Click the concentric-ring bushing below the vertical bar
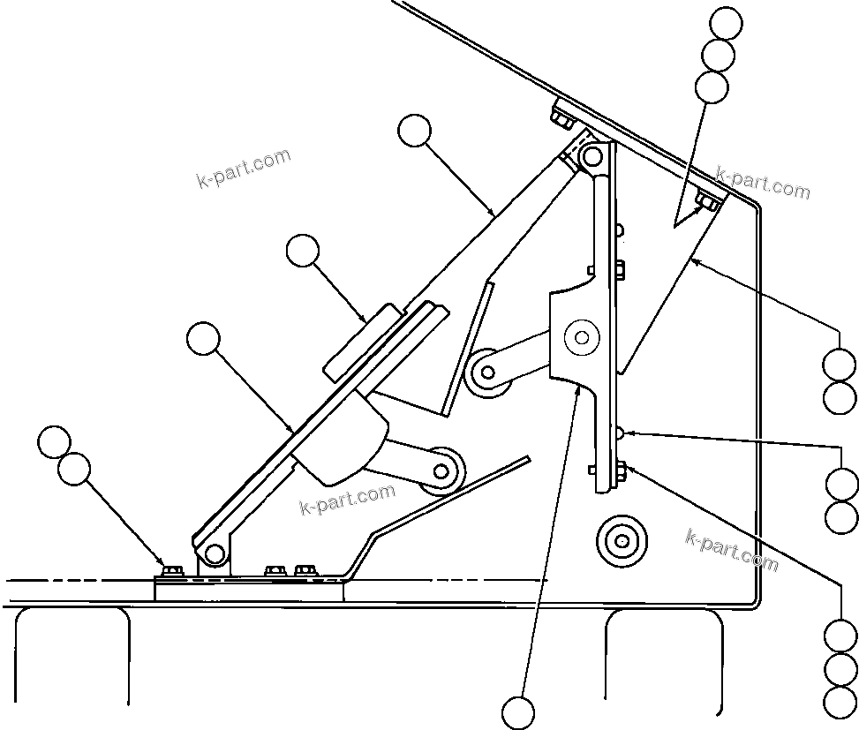pos(622,539)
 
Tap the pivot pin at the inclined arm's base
pos(214,553)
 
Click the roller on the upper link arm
pos(486,372)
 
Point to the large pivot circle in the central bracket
pos(581,336)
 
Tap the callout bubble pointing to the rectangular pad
pos(303,252)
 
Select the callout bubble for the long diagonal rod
pos(414,132)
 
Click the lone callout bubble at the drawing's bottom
pos(518,711)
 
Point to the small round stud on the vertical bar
pos(622,433)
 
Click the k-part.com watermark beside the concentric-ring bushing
pos(732,548)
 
